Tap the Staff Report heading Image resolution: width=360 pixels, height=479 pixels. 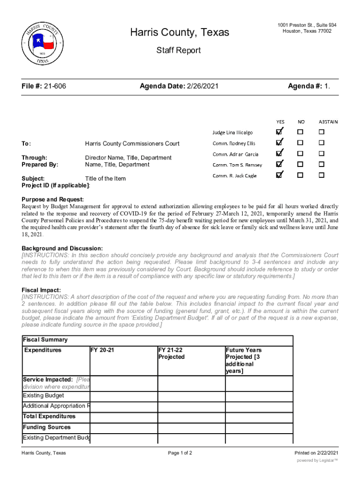coord(179,50)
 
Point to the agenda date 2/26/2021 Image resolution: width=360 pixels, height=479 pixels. coord(202,87)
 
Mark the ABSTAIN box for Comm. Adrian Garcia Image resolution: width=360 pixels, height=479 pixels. coord(322,153)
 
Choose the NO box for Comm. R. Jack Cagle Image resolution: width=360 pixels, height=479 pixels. coord(301,175)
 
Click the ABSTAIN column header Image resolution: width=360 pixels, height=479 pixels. coord(328,122)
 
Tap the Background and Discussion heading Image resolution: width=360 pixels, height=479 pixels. coord(62,248)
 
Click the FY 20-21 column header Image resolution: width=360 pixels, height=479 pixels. coord(103,350)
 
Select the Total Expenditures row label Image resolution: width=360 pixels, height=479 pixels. coord(49,416)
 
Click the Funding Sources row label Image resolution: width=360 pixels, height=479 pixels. coord(47,427)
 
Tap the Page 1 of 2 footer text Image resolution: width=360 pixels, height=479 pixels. coord(180,453)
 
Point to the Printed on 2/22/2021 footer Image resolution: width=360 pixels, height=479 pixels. coord(316,453)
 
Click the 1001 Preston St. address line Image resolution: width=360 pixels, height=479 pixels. coord(307,25)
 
